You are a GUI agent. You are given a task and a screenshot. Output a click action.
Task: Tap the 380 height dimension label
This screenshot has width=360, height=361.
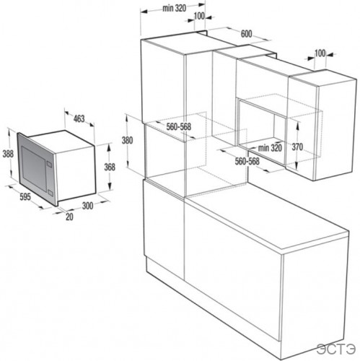[x=128, y=140]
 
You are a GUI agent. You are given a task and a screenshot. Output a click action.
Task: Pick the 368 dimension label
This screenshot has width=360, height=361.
[x=110, y=167]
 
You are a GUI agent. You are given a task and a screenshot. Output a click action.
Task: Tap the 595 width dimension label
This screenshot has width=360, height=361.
[x=24, y=195]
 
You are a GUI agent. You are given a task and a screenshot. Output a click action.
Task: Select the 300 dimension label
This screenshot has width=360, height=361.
[x=87, y=206]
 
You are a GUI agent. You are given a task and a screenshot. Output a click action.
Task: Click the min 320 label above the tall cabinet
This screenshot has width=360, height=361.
[x=175, y=8]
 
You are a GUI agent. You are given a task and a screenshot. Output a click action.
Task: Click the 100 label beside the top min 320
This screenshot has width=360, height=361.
[x=199, y=16]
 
